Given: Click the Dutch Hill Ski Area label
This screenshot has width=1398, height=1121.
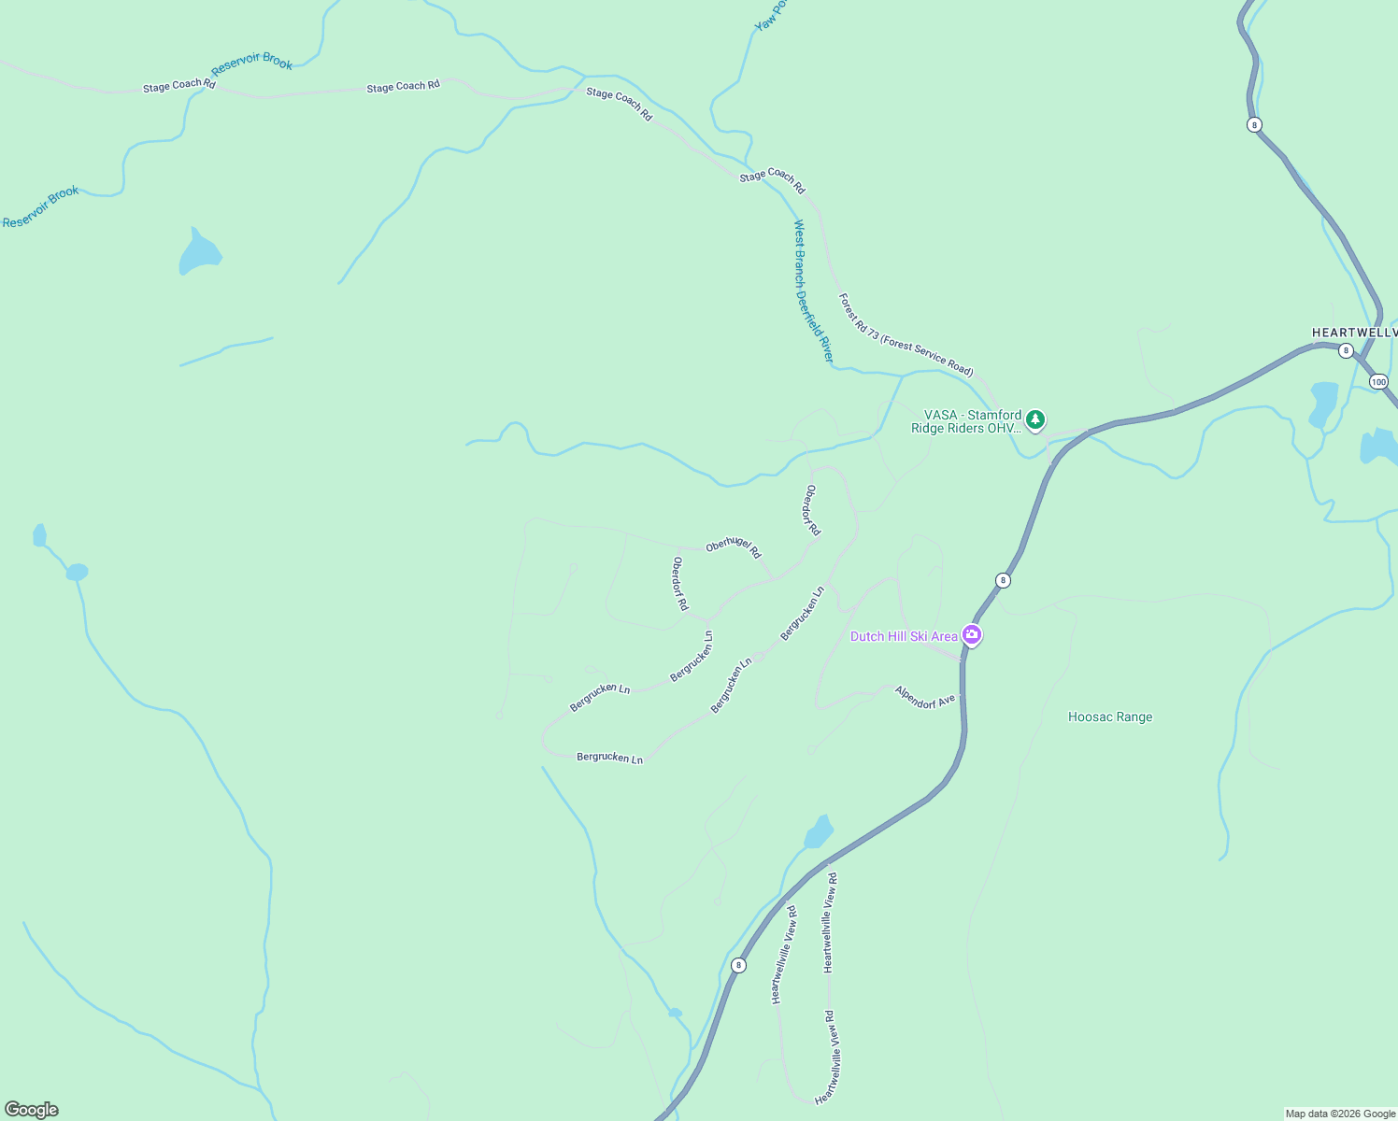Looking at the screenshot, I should point(904,636).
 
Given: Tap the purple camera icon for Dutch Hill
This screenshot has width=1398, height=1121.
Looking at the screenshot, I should point(972,635).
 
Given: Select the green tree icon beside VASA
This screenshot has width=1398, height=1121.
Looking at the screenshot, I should point(1034,419).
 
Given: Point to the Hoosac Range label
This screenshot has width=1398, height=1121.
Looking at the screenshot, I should point(1110,717).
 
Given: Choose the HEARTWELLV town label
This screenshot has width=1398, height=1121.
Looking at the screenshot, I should point(1354,333).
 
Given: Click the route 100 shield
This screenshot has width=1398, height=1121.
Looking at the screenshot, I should point(1378,382).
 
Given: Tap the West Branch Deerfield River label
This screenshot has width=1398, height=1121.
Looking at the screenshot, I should point(813,291).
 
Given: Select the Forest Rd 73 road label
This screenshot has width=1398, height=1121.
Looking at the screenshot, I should point(906,334).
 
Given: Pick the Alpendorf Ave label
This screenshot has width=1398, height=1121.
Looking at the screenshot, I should point(925,697).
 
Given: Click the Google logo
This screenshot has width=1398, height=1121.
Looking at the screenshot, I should point(31,1110).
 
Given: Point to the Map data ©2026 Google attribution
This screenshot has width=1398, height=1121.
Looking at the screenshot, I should point(1340,1114).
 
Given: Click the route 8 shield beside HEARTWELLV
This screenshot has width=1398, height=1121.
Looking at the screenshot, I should point(1346,350).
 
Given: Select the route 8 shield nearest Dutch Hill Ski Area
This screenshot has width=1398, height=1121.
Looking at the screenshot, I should point(1003,580).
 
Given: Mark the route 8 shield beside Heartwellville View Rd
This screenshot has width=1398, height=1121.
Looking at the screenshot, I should point(738,965).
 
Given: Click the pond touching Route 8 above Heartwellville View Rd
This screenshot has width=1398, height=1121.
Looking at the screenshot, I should point(819,831).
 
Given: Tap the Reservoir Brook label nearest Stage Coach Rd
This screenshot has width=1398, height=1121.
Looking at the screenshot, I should point(252,64).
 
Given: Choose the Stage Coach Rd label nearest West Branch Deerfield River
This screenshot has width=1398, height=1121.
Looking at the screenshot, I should point(772,180).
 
